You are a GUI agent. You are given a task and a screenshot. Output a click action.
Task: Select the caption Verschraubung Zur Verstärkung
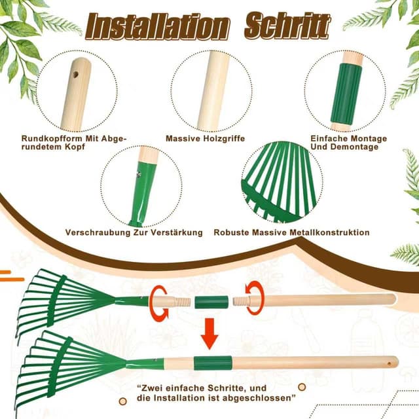click(134, 232)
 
